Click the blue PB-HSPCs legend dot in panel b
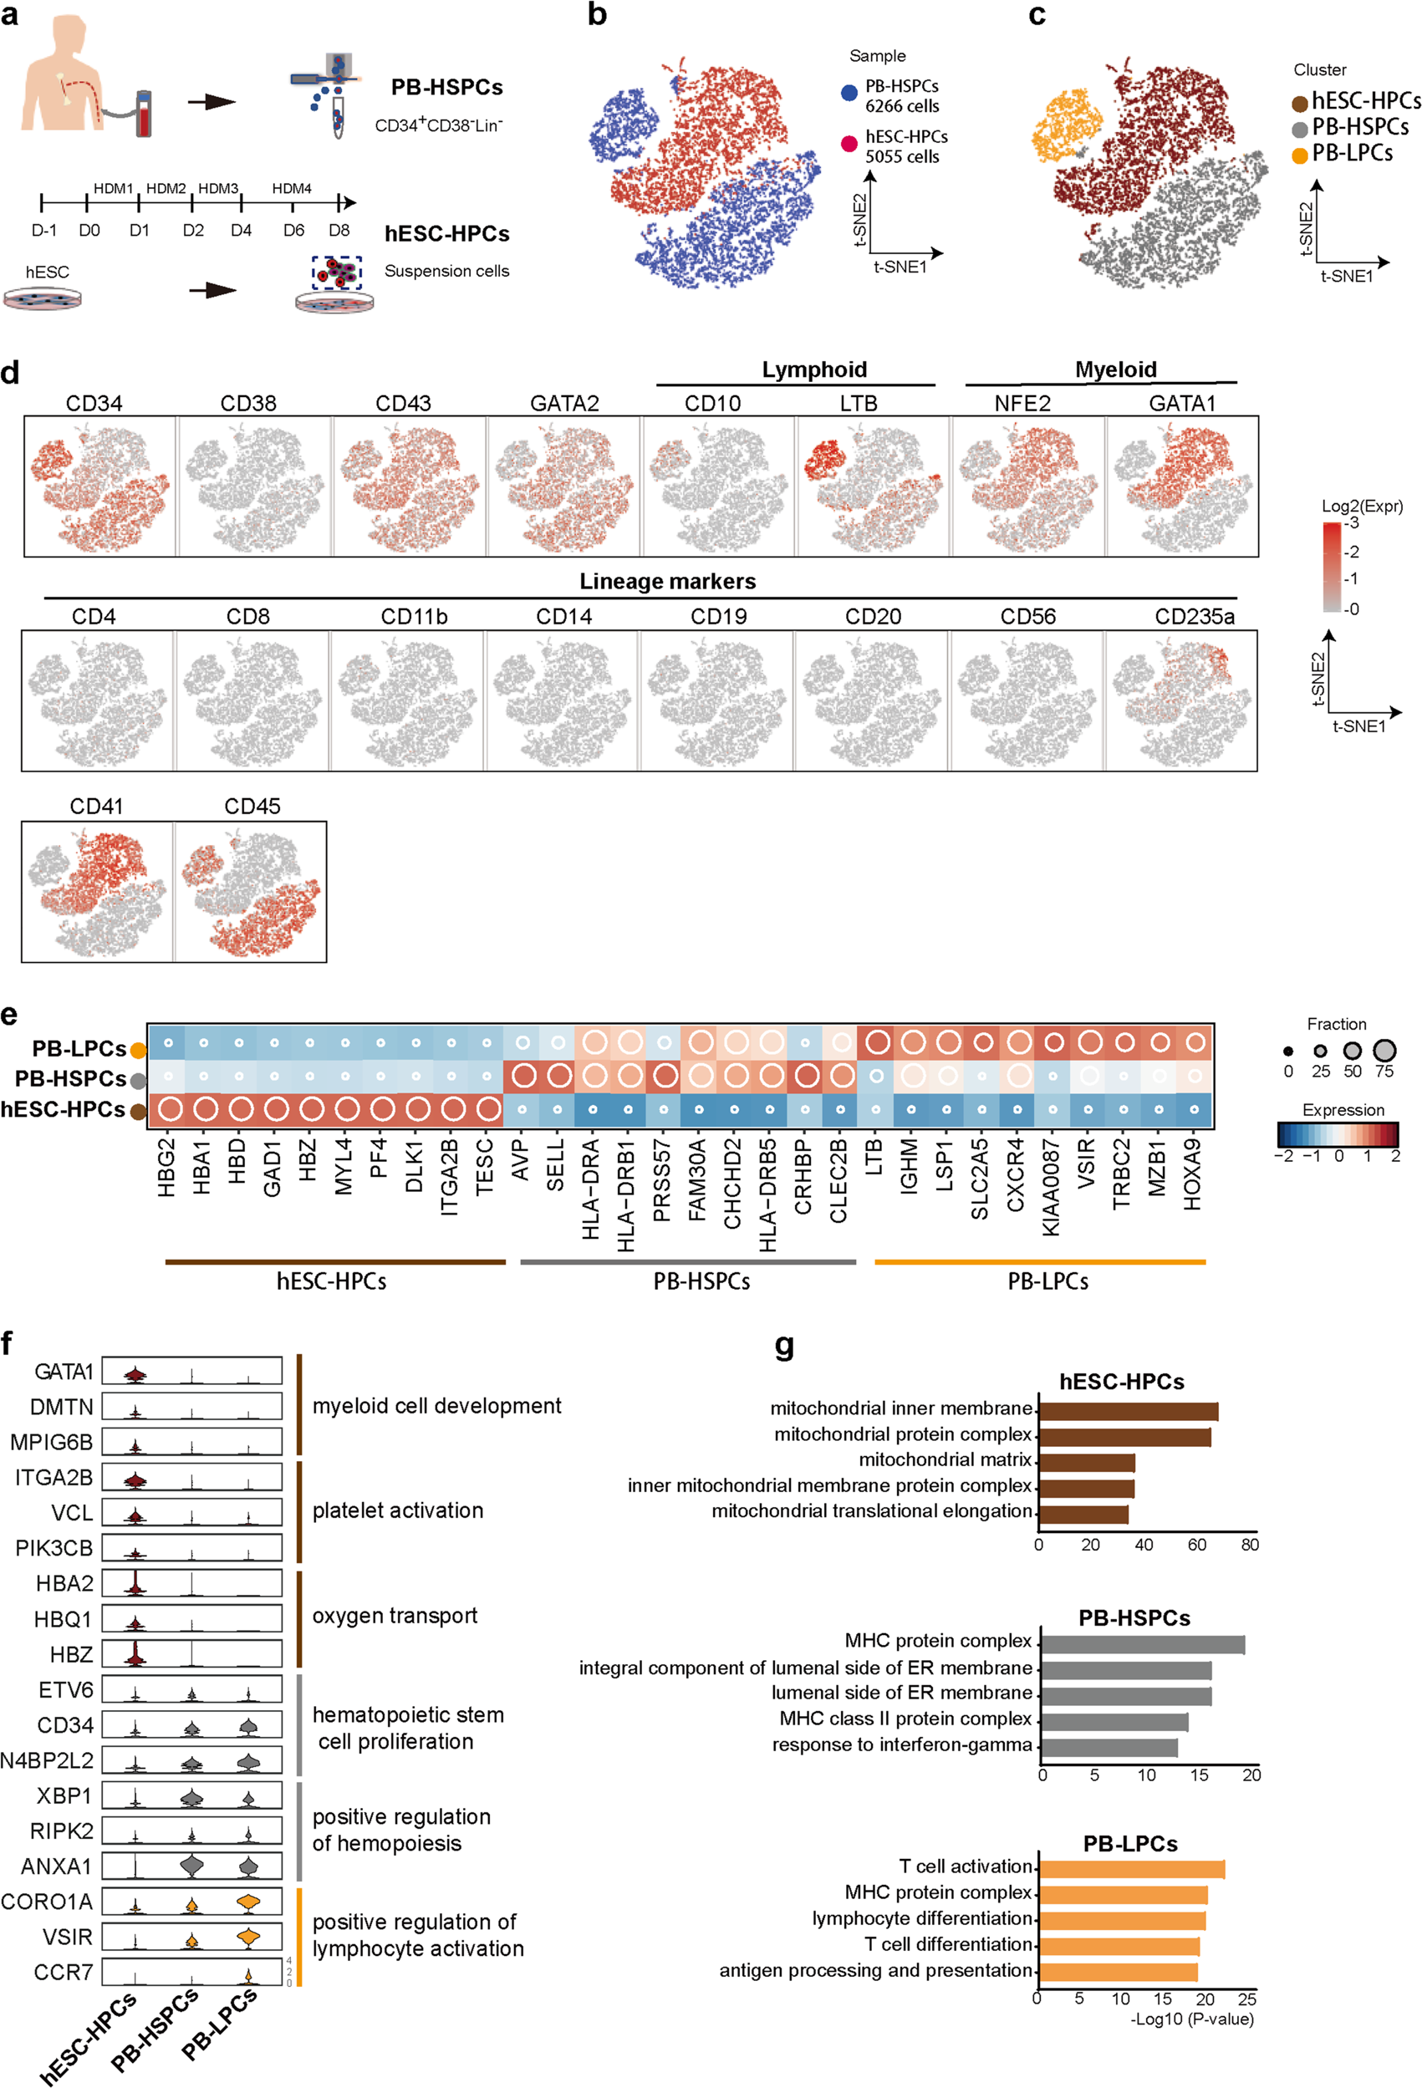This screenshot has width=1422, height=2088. pyautogui.click(x=849, y=94)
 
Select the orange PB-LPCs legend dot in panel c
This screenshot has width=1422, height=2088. pyautogui.click(x=1299, y=156)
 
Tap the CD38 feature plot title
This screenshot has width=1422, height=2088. pyautogui.click(x=248, y=404)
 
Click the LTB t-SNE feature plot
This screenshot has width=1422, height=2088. pyautogui.click(x=872, y=486)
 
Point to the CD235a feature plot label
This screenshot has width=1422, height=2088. pyautogui.click(x=1194, y=616)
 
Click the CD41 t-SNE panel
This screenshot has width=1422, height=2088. pyautogui.click(x=97, y=891)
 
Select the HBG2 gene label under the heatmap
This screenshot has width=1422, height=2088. pyautogui.click(x=167, y=1168)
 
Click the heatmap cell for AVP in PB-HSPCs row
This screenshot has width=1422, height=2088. pyautogui.click(x=522, y=1077)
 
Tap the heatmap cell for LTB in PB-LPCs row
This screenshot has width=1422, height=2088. pyautogui.click(x=877, y=1043)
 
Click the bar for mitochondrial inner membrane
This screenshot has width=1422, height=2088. pyautogui.click(x=1128, y=1412)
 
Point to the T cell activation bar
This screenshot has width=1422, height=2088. pyautogui.click(x=1131, y=1870)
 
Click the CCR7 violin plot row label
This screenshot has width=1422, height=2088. pyautogui.click(x=63, y=1972)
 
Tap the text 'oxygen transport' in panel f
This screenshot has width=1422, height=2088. pyautogui.click(x=395, y=1616)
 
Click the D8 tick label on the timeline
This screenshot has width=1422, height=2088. pyautogui.click(x=339, y=231)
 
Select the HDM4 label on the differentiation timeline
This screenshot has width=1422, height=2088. pyautogui.click(x=292, y=189)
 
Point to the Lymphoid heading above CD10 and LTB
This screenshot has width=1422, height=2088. pyautogui.click(x=814, y=369)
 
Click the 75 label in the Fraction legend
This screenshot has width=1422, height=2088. pyautogui.click(x=1384, y=1071)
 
